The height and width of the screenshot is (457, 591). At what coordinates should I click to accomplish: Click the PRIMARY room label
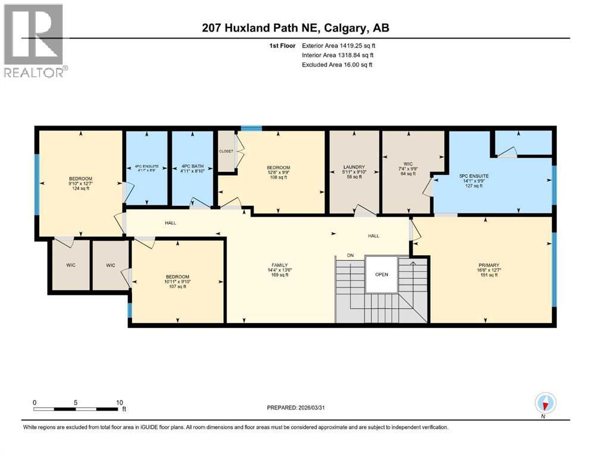pos(488,266)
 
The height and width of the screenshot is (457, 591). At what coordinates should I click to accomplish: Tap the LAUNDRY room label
pos(354,167)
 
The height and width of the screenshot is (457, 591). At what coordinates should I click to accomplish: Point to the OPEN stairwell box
pos(382,275)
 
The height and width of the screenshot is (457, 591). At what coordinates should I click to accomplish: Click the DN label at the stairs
pos(351,255)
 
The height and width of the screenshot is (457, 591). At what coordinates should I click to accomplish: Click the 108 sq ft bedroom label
pos(278,167)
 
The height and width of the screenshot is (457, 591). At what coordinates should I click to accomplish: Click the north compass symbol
pos(545,403)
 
